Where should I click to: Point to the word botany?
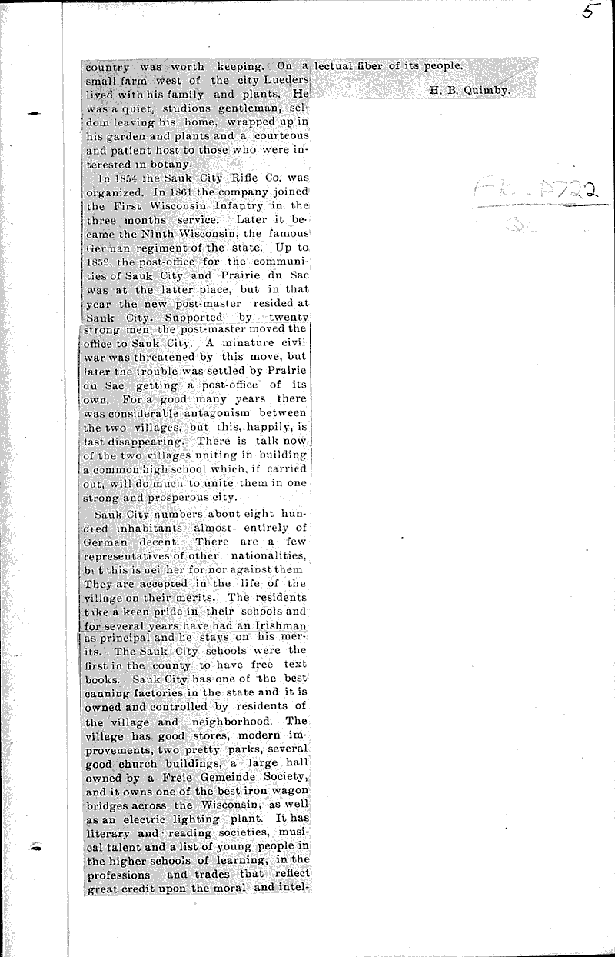[183, 165]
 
